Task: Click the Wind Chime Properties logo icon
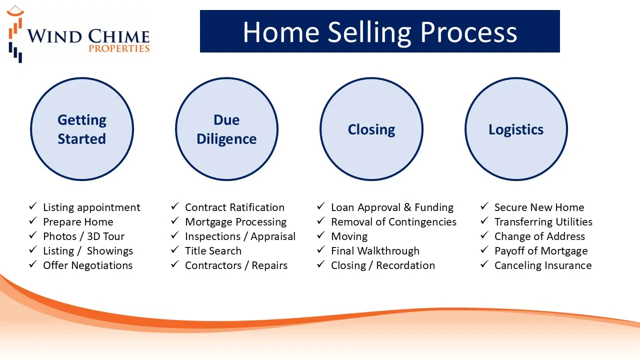click(15, 34)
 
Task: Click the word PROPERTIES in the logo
click(119, 48)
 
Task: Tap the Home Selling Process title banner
click(379, 31)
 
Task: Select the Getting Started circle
click(82, 129)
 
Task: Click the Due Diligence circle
click(227, 129)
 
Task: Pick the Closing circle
click(371, 129)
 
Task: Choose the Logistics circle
click(516, 129)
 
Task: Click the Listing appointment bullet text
click(91, 207)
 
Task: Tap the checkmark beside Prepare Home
click(33, 220)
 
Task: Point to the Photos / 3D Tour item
click(83, 236)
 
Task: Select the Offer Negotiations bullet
click(87, 265)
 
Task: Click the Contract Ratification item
click(234, 207)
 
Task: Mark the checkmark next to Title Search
click(175, 249)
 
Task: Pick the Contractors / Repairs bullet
click(236, 265)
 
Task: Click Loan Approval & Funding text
click(392, 207)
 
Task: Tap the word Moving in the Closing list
click(349, 237)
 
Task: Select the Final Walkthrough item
click(375, 251)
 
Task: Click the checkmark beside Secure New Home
click(484, 206)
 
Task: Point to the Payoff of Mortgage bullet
click(541, 251)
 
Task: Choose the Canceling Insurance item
click(543, 265)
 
